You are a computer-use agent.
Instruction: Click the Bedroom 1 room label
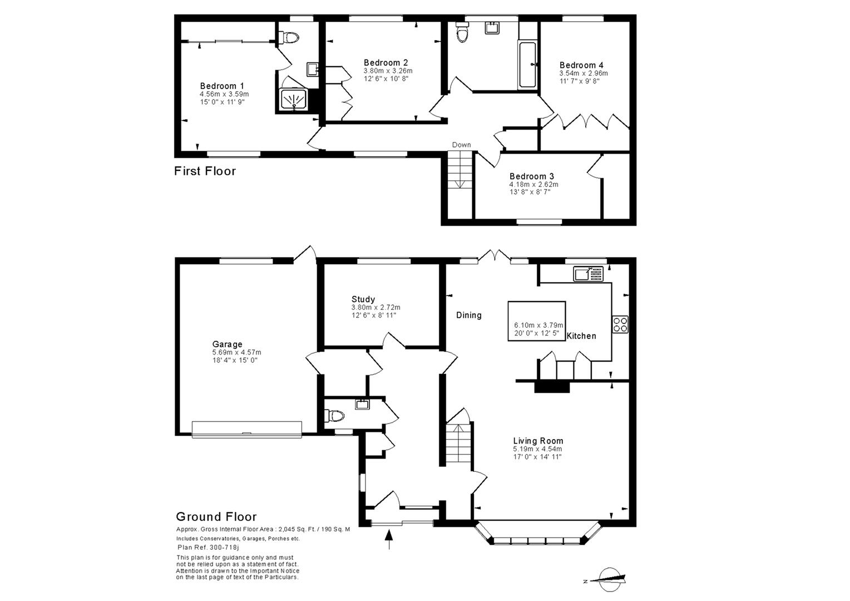(222, 86)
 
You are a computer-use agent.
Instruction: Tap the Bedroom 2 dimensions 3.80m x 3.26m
(388, 71)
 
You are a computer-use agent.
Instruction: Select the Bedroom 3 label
(531, 176)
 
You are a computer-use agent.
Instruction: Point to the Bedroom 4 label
(581, 65)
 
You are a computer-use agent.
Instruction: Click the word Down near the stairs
(461, 145)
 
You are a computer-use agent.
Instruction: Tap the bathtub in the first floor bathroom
(527, 65)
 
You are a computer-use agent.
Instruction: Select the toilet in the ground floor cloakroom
(335, 415)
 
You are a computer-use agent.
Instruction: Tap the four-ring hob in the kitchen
(620, 324)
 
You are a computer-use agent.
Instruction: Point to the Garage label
(227, 344)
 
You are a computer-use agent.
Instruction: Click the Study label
(363, 299)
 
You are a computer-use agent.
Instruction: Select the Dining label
(469, 315)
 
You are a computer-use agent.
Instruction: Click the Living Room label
(538, 441)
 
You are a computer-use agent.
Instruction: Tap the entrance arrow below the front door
(389, 539)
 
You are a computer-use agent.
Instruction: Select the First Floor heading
(205, 171)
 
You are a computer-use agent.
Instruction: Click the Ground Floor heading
(216, 517)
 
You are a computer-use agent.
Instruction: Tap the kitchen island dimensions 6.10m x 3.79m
(538, 325)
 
